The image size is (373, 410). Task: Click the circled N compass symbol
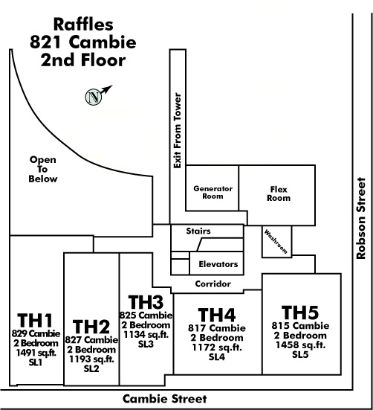94,97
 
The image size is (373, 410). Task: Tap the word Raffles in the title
83,25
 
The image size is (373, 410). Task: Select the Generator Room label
213,193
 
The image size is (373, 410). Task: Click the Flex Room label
279,193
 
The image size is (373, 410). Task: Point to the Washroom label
276,241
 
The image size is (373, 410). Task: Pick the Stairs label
198,231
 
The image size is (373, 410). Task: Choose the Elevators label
218,264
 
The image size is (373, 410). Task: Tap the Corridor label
213,284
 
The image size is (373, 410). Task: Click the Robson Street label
361,218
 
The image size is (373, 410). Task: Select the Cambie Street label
165,399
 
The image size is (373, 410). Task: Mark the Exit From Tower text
178,131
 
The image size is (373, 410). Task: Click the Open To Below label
43,169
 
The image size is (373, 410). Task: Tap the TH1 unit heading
35,320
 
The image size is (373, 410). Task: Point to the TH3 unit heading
146,302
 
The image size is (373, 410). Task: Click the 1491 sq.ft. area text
36,353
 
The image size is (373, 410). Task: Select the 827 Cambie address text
91,339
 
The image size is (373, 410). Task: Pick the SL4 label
217,357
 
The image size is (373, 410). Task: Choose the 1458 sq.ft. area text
300,345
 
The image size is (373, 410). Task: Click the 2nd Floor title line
83,60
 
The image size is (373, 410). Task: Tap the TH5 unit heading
300,313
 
